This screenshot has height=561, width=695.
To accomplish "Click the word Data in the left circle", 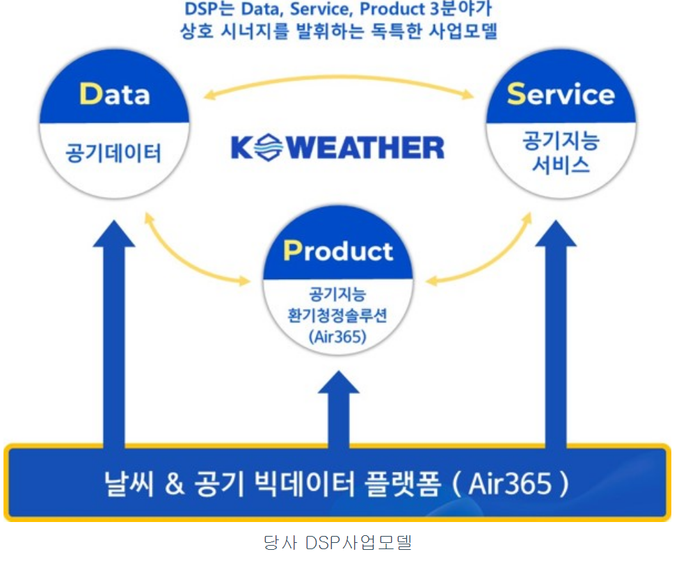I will (x=115, y=93).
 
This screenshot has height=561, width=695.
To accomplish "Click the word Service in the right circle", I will (x=561, y=93).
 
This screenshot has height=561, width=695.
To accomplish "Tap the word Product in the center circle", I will (x=338, y=251).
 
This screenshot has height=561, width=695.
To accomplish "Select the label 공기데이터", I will (x=113, y=152).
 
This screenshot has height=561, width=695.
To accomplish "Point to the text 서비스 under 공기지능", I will (x=561, y=166).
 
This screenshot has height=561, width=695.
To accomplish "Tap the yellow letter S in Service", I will (x=516, y=93).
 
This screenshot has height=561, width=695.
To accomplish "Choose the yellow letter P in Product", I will (x=291, y=251).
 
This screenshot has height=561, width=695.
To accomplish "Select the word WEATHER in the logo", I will (x=365, y=148).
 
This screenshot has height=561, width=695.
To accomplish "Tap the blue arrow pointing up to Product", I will (x=338, y=411).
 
